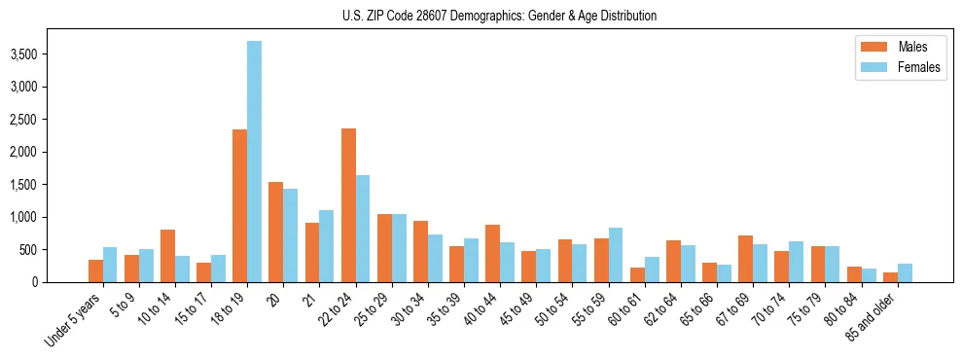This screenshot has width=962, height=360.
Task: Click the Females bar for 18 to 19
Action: [x=254, y=162]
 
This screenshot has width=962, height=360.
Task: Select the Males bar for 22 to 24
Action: [x=348, y=205]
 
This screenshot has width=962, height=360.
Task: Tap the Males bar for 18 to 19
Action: [x=239, y=205]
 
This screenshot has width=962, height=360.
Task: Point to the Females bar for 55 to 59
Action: [x=616, y=255]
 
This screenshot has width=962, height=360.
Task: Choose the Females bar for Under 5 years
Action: [x=110, y=265]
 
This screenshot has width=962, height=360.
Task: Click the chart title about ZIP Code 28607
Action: [x=499, y=16]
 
